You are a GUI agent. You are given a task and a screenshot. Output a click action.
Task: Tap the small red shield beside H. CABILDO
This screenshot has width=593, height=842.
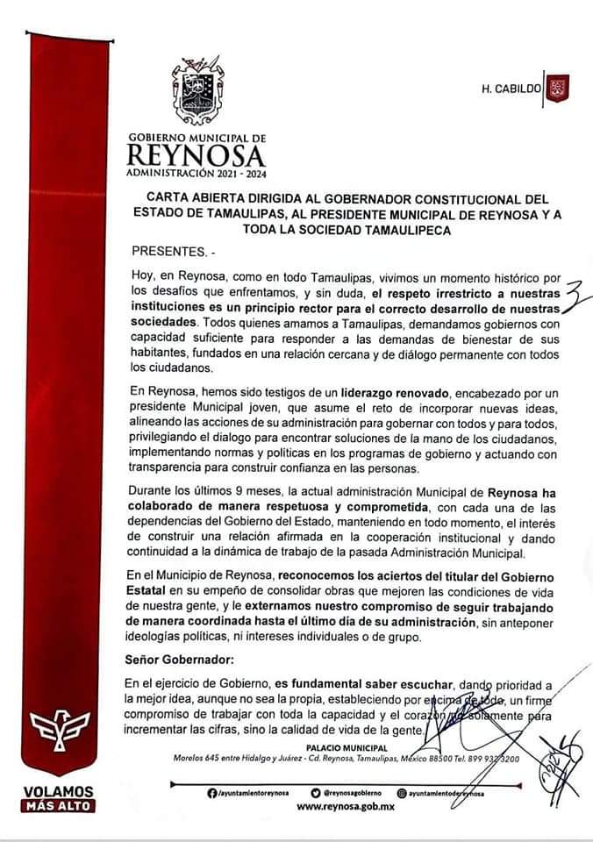click(557, 89)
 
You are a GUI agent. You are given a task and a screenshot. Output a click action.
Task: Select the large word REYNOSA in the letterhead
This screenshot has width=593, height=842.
click(196, 156)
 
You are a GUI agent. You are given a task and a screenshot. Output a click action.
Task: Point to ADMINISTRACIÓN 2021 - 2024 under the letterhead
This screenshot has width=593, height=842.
click(196, 175)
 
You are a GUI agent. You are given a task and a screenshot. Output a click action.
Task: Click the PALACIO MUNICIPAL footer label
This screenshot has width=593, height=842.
click(355, 747)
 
